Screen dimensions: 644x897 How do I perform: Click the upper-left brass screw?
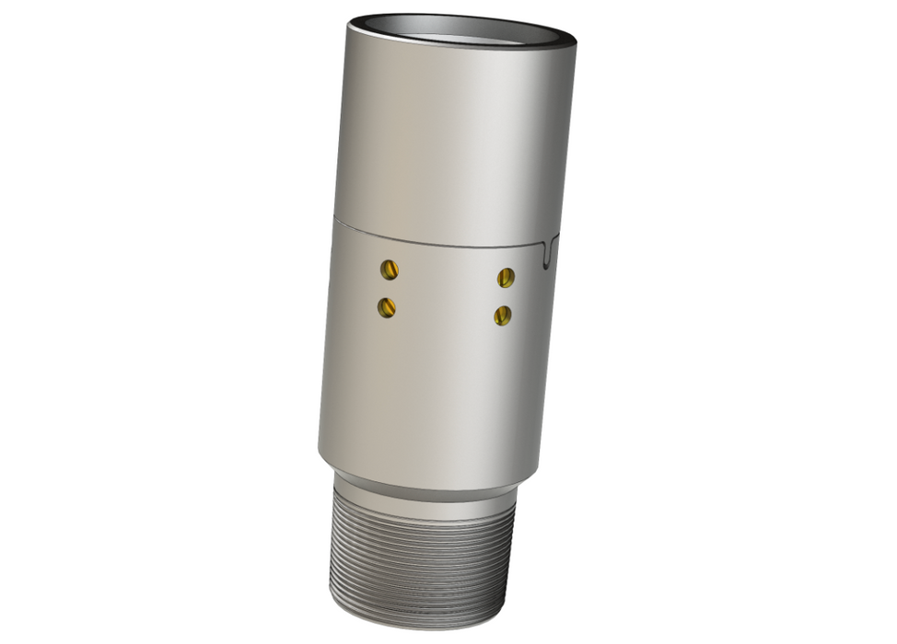click(x=390, y=269)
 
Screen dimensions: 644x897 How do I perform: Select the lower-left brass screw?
click(x=387, y=306)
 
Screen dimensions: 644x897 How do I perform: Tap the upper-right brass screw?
click(x=505, y=276)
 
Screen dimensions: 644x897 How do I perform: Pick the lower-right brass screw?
click(x=502, y=315)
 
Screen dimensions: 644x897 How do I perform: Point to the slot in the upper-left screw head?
click(x=390, y=269)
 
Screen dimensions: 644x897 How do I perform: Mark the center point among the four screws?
click(x=446, y=292)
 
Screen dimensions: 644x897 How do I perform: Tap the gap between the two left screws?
click(x=389, y=288)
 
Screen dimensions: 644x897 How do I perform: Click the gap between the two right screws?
click(x=504, y=295)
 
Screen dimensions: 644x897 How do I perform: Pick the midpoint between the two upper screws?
click(x=448, y=272)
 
